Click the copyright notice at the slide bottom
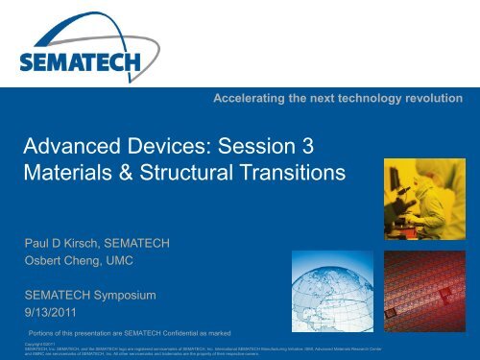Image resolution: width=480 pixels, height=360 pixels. (x=211, y=348)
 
